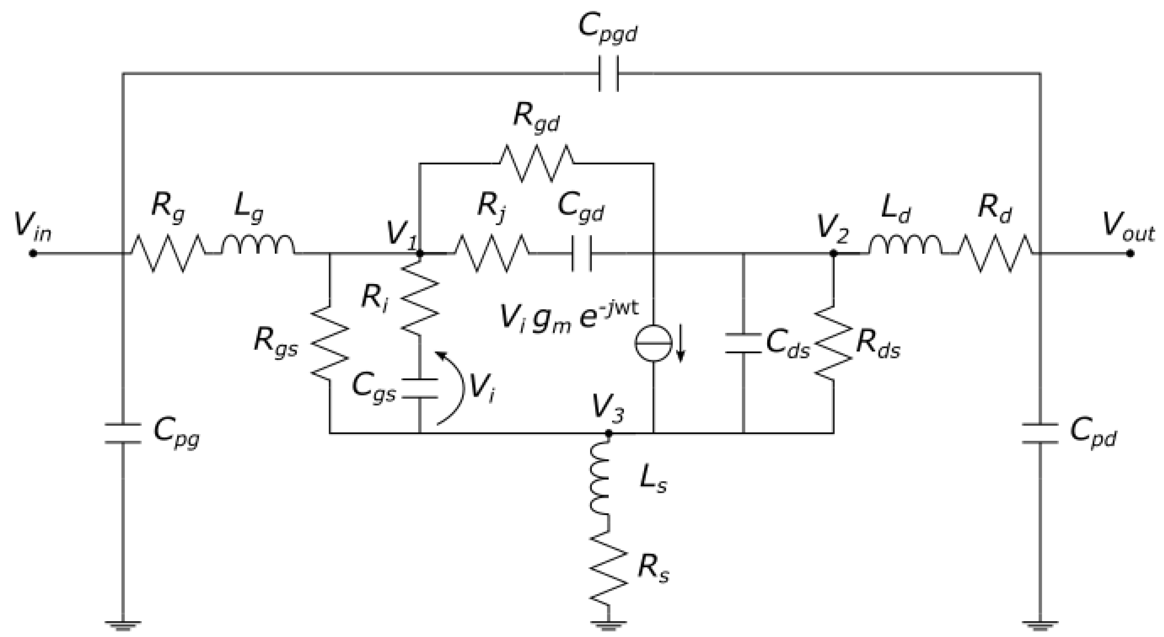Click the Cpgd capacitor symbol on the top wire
click(608, 74)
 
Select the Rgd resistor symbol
click(537, 163)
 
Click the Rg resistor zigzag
click(168, 254)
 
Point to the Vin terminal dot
click(32, 254)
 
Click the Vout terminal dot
click(1130, 254)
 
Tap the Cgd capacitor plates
click(582, 254)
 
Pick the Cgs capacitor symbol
click(420, 388)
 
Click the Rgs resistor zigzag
click(330, 343)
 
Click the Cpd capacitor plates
click(1040, 433)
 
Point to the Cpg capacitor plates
click(123, 433)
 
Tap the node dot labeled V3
click(608, 433)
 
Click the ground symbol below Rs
click(608, 626)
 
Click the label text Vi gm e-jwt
click(569, 319)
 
